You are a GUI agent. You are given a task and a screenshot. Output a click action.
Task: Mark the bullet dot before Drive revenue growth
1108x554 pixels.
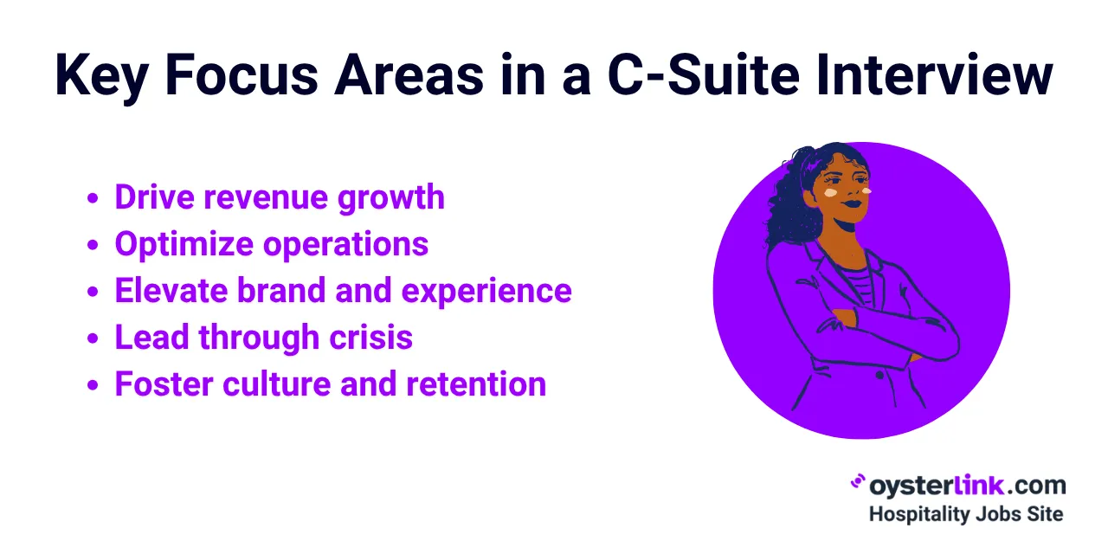pos(93,199)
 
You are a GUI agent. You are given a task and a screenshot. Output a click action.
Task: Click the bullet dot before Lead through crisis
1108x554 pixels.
pos(93,339)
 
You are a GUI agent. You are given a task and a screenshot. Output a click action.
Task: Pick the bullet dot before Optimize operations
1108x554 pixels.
pos(93,246)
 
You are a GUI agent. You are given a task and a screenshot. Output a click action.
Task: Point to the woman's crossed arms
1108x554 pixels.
pos(874,329)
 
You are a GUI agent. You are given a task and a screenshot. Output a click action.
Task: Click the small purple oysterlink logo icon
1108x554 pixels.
pos(858,483)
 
